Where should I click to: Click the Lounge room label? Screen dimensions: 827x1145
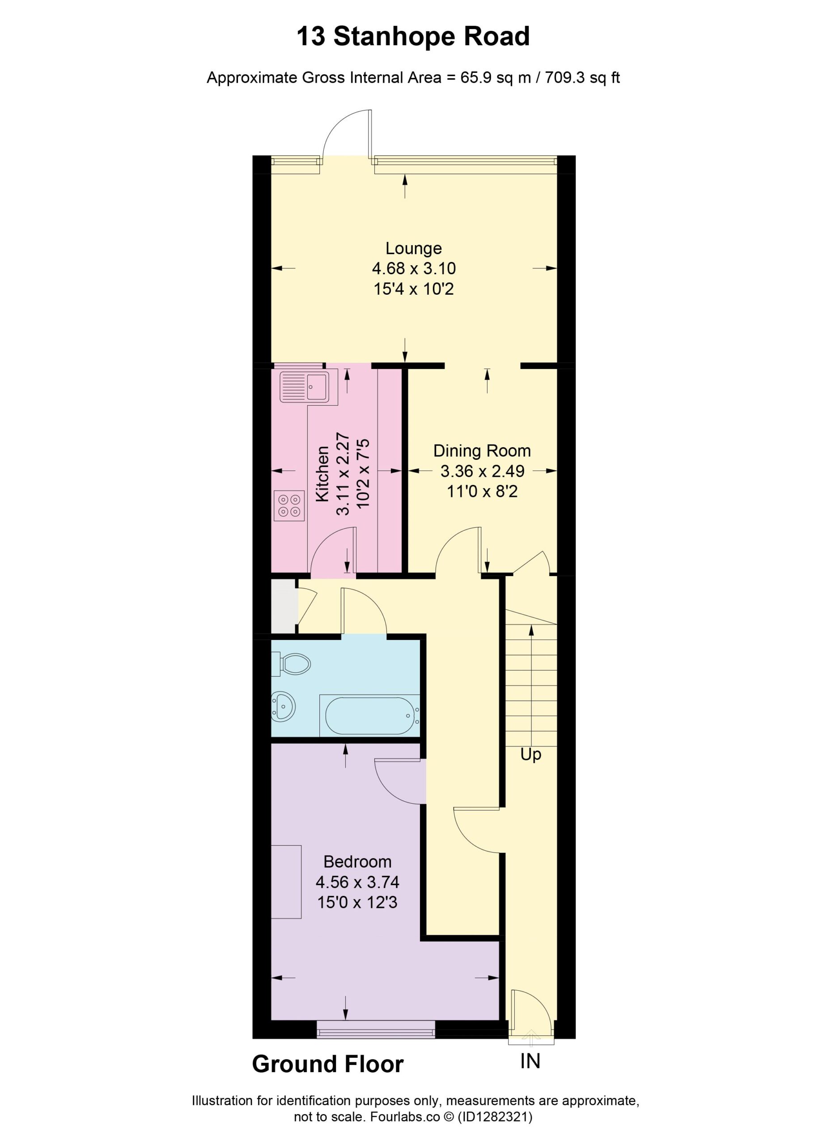coord(413,248)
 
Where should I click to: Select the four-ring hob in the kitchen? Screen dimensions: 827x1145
coord(290,505)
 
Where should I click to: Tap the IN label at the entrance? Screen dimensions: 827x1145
coord(530,1062)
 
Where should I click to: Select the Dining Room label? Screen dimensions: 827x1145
coord(482,451)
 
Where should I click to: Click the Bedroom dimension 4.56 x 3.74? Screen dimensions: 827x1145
coord(357,882)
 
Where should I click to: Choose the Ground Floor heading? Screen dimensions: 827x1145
coord(328,1064)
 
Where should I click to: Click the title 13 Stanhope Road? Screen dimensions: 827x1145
coord(413,36)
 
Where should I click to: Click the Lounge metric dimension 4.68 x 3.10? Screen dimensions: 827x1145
coord(413,268)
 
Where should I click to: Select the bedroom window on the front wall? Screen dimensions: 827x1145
coord(376,1028)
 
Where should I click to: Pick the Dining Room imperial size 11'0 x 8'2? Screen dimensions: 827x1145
coord(482,491)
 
